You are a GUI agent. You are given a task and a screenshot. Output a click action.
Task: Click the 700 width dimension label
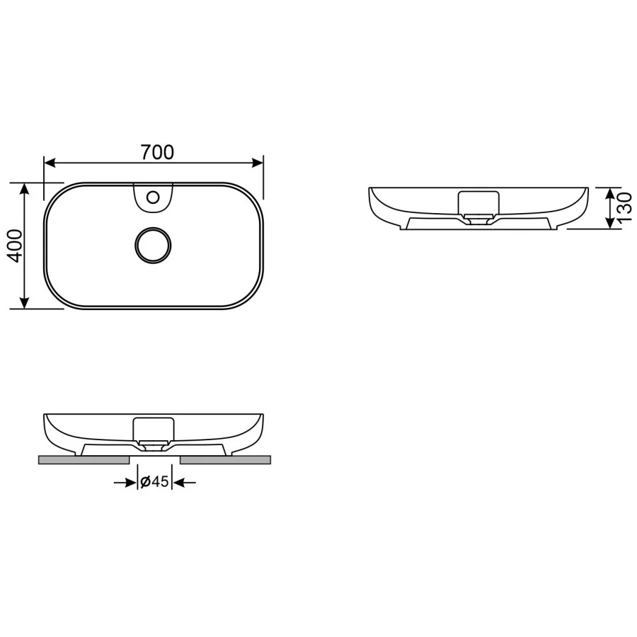(x=157, y=151)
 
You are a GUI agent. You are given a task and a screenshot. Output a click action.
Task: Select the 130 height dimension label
(x=623, y=208)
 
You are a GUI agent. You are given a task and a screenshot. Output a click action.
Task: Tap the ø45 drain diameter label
(x=154, y=482)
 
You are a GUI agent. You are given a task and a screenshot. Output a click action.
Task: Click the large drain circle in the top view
(x=153, y=245)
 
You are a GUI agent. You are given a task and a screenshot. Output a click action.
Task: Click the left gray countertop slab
(x=83, y=460)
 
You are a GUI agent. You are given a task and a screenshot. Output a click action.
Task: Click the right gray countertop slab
(x=226, y=460)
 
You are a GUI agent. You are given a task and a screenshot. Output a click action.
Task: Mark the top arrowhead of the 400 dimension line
(x=25, y=188)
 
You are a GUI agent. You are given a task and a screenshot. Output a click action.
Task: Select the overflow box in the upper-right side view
(x=478, y=202)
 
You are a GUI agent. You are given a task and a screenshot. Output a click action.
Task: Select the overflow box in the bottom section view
(x=154, y=429)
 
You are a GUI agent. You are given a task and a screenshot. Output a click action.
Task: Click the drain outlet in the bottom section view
(x=154, y=447)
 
